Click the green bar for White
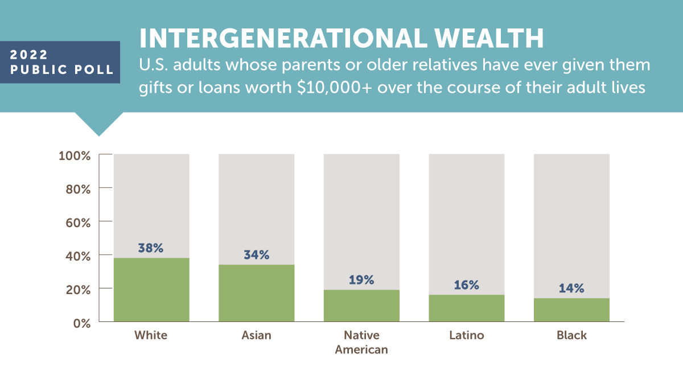(x=151, y=290)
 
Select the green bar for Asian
(x=256, y=293)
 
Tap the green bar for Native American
(x=361, y=306)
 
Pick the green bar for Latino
(x=466, y=308)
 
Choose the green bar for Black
(x=571, y=310)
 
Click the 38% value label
(x=151, y=248)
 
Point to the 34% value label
(x=256, y=255)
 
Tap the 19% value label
(x=361, y=280)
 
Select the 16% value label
(x=466, y=285)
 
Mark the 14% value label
(x=571, y=288)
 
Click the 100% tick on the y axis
(x=75, y=155)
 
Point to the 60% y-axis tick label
(x=77, y=222)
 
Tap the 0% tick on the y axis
(x=81, y=322)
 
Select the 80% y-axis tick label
(x=77, y=188)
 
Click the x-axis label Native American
(x=361, y=342)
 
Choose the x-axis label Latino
(x=466, y=335)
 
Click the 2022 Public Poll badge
(x=60, y=62)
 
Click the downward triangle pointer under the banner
(x=99, y=125)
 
